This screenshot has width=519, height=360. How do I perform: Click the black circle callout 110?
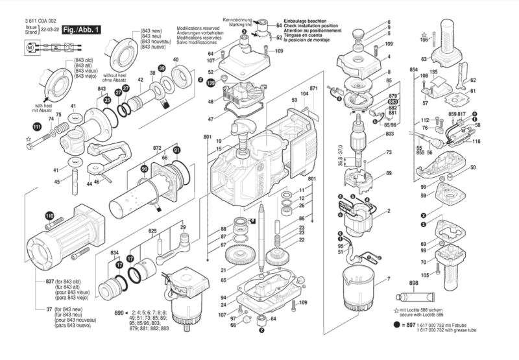[x=50, y=215]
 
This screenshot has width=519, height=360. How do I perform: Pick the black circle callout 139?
[x=210, y=83]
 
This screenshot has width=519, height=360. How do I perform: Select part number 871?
[x=314, y=88]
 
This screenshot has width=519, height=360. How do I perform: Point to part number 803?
[x=389, y=134]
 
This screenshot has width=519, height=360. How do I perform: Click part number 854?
[x=413, y=69]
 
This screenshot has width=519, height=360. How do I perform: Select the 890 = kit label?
[x=122, y=312]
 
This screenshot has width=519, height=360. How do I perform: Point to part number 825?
[x=152, y=231]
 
